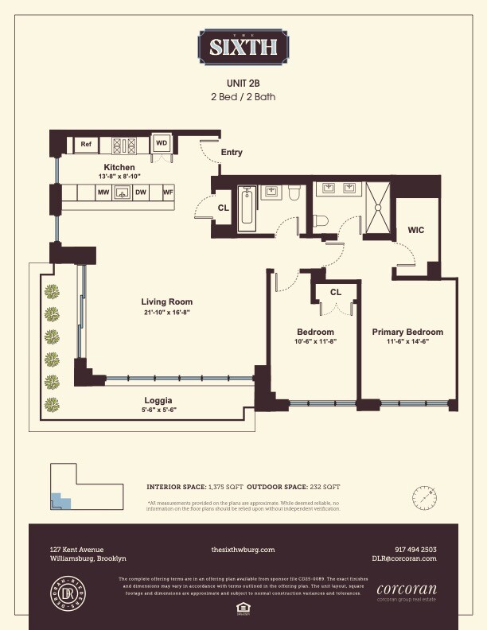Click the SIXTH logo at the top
pyautogui.click(x=243, y=46)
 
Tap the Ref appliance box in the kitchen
pyautogui.click(x=85, y=145)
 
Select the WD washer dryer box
pyautogui.click(x=162, y=143)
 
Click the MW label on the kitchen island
pyautogui.click(x=103, y=192)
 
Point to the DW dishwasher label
pyautogui.click(x=141, y=192)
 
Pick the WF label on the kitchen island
pyautogui.click(x=168, y=192)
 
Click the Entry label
pyautogui.click(x=232, y=153)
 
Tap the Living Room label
pyautogui.click(x=166, y=302)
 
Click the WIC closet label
pyautogui.click(x=415, y=230)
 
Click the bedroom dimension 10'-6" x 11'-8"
pyautogui.click(x=315, y=341)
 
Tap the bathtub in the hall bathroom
pyautogui.click(x=246, y=210)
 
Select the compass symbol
pyautogui.click(x=425, y=499)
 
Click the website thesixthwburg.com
pyautogui.click(x=243, y=550)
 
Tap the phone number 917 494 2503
pyautogui.click(x=415, y=550)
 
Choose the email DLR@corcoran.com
pyautogui.click(x=404, y=559)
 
